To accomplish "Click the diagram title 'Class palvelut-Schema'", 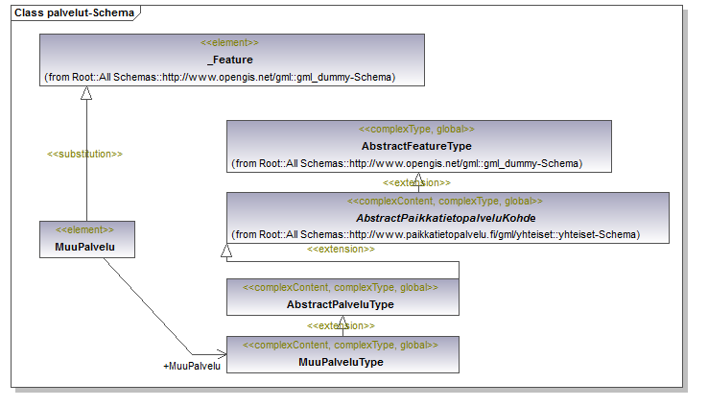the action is point(74,12).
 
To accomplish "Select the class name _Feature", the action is point(232,60).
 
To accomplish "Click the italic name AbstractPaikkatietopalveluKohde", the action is point(446,218).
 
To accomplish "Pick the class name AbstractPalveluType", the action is point(340,304).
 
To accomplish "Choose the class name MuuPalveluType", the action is point(341,362).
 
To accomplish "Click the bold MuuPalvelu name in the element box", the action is point(84,247).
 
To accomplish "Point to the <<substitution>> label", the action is point(84,154).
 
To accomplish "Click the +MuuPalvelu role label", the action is point(192,366).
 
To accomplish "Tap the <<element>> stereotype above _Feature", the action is point(229,42).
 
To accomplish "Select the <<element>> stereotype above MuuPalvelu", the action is point(84,229).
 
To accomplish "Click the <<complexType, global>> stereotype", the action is point(416,130).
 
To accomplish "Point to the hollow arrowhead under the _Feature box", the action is point(86,92).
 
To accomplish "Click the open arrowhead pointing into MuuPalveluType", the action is point(222,354).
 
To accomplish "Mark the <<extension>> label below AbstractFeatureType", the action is point(416,183).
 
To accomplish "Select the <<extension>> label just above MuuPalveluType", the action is point(341,325).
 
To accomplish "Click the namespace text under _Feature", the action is point(220,77).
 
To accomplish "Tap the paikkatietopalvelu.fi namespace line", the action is point(436,235).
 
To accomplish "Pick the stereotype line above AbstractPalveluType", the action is point(341,287).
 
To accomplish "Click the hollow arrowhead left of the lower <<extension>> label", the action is point(226,251).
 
